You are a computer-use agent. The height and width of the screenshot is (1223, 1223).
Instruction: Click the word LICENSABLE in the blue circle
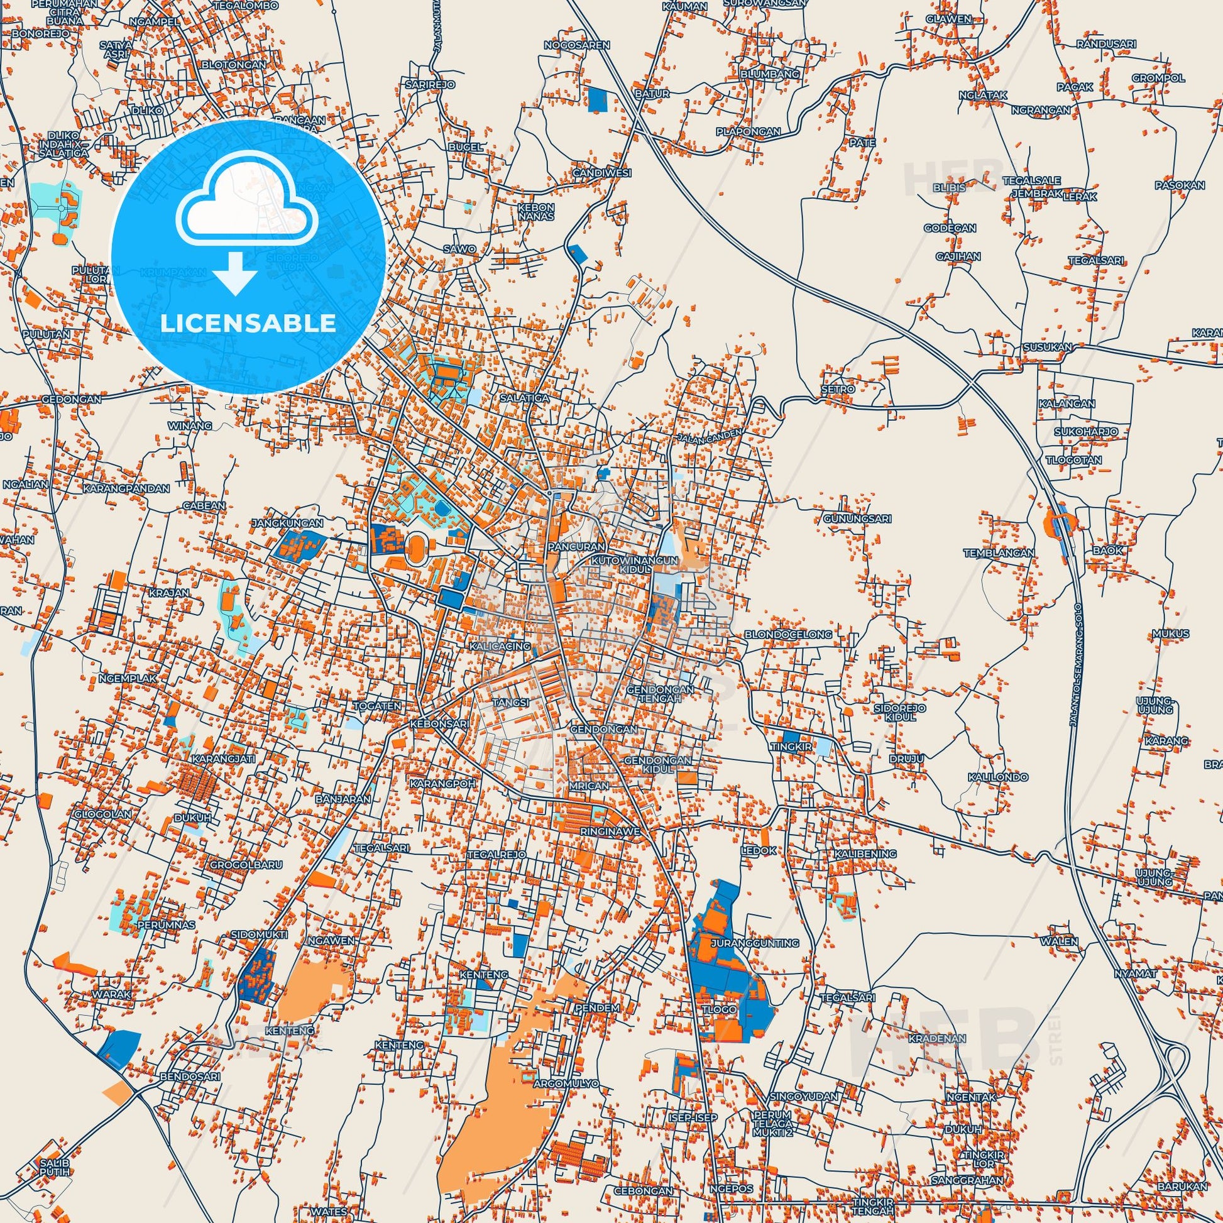pos(248,323)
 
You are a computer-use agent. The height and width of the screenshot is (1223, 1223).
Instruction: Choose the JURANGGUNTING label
pos(755,960)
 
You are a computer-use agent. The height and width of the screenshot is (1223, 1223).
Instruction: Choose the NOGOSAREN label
pos(577,45)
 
